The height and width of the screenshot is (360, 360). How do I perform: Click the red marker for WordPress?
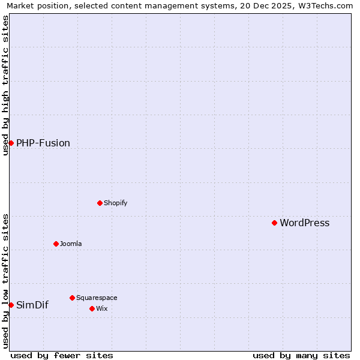pyautogui.click(x=274, y=223)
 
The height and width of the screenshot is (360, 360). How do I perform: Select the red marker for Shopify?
pyautogui.click(x=100, y=203)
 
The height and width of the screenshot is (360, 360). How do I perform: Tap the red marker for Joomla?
pyautogui.click(x=56, y=244)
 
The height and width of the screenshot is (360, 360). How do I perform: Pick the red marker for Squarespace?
pyautogui.click(x=72, y=298)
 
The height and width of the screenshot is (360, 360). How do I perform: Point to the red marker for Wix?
pyautogui.click(x=92, y=308)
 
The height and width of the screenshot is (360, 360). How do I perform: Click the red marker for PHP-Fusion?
pyautogui.click(x=11, y=143)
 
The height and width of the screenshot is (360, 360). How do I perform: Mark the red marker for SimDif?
pyautogui.click(x=11, y=305)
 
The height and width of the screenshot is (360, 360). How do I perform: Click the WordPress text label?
pyautogui.click(x=304, y=223)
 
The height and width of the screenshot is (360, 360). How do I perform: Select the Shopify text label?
pyautogui.click(x=115, y=203)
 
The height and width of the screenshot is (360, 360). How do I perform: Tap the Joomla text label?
pyautogui.click(x=71, y=244)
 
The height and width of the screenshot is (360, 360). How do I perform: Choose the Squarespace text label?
pyautogui.click(x=97, y=298)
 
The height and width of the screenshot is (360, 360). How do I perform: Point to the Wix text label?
pyautogui.click(x=101, y=308)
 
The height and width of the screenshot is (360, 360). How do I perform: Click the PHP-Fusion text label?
pyautogui.click(x=43, y=143)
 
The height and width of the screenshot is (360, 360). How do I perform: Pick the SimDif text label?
pyautogui.click(x=32, y=305)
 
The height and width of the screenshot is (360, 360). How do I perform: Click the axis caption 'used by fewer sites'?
pyautogui.click(x=62, y=355)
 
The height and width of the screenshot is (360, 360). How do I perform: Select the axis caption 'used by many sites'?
pyautogui.click(x=301, y=355)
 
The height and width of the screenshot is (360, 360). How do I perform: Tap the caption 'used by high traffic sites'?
pyautogui.click(x=5, y=85)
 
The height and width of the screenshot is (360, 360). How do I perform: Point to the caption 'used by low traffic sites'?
pyautogui.click(x=5, y=280)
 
